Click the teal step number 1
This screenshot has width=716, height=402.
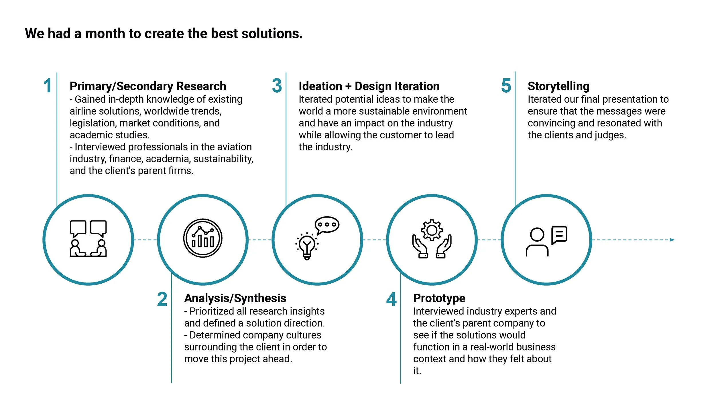pyautogui.click(x=48, y=86)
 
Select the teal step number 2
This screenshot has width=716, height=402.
pyautogui.click(x=162, y=299)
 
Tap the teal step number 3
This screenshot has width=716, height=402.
pyautogui.click(x=277, y=86)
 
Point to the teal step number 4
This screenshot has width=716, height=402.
pyautogui.click(x=391, y=299)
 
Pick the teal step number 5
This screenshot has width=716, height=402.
pyautogui.click(x=506, y=86)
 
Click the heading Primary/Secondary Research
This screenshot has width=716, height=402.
pyautogui.click(x=148, y=86)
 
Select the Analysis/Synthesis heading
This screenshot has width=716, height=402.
pyautogui.click(x=235, y=298)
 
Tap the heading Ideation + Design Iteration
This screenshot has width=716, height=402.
pyautogui.click(x=369, y=86)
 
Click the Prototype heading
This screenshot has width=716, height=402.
pyautogui.click(x=439, y=298)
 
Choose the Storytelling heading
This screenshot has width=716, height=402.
pyautogui.click(x=558, y=86)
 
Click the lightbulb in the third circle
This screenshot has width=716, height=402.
pyautogui.click(x=307, y=246)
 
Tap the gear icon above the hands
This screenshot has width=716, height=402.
pyautogui.click(x=432, y=230)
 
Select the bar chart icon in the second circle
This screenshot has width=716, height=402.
pyautogui.click(x=203, y=238)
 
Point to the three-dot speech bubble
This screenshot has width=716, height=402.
pyautogui.click(x=327, y=225)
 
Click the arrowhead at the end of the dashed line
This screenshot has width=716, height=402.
pyautogui.click(x=672, y=240)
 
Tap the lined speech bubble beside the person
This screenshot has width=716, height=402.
pyautogui.click(x=559, y=235)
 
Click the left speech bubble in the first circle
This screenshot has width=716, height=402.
pyautogui.click(x=78, y=228)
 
